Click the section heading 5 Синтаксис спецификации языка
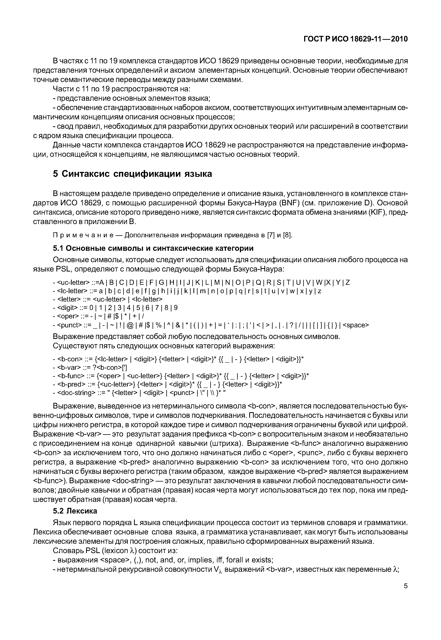(132, 174)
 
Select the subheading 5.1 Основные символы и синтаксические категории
(153, 248)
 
